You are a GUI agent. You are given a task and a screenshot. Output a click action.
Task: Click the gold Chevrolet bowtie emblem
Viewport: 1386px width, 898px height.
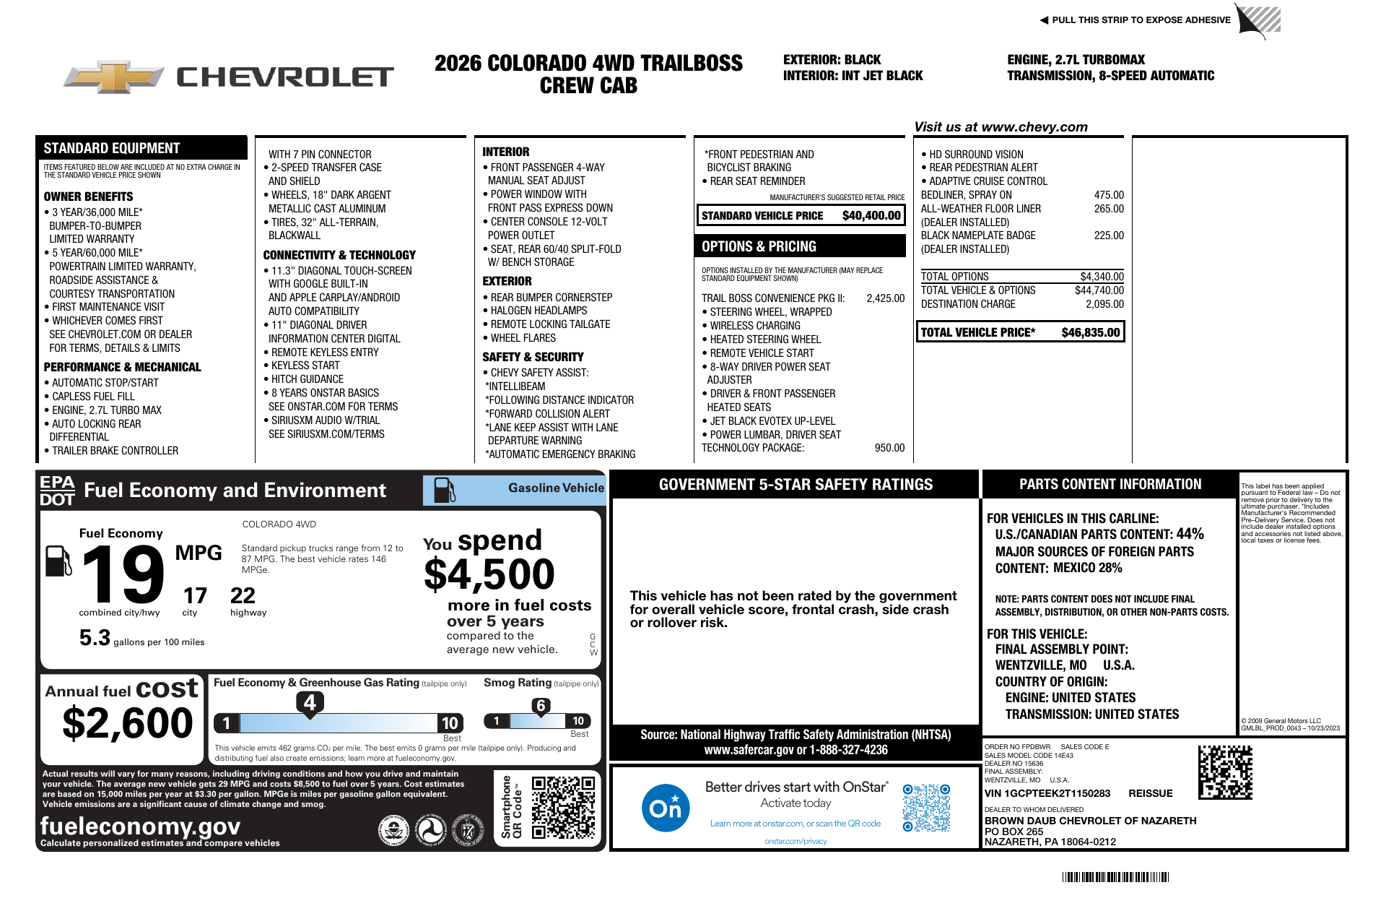(114, 77)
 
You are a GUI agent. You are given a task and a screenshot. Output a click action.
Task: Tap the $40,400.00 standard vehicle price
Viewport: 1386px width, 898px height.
(871, 215)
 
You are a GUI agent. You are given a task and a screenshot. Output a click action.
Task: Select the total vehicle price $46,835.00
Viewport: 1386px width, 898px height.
(1091, 332)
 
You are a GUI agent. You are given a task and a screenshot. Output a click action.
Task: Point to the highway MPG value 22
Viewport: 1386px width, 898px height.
(243, 595)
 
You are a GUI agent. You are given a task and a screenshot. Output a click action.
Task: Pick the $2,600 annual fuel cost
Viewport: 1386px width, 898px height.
(128, 723)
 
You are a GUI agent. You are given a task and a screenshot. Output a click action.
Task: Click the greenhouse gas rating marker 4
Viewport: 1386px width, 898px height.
(310, 702)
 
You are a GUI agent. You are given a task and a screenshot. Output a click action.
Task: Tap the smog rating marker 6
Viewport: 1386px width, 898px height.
(541, 706)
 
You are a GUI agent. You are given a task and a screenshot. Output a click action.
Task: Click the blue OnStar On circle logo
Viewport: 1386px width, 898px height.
(665, 808)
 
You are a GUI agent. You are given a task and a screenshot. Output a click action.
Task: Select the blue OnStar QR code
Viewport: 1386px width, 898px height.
(926, 808)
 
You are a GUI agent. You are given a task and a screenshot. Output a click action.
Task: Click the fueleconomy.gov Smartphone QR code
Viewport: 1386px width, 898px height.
(563, 807)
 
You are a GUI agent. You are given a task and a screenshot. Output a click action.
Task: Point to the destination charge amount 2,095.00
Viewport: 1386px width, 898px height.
(1104, 304)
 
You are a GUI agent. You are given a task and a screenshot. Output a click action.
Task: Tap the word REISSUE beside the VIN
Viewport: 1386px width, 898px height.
(1151, 793)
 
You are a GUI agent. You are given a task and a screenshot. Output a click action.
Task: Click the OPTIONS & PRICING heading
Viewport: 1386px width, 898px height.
(759, 246)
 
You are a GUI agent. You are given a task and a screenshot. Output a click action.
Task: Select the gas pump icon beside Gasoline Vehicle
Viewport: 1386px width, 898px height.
(444, 490)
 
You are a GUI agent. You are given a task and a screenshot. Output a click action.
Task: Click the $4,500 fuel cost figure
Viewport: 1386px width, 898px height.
(489, 575)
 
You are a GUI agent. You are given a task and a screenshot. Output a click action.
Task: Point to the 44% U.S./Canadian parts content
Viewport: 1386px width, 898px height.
(1190, 534)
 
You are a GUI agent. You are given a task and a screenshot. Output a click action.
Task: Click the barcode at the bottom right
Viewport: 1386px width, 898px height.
(1115, 877)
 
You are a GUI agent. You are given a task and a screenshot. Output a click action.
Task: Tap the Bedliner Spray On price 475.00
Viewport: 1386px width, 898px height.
(1109, 195)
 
